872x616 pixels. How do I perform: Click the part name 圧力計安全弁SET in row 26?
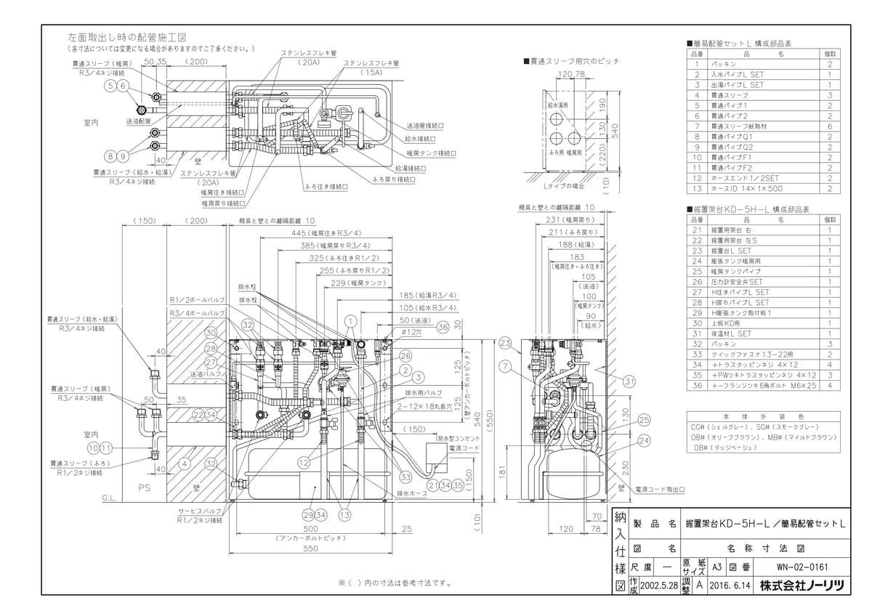pos(742,281)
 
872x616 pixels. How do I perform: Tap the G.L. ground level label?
pos(109,499)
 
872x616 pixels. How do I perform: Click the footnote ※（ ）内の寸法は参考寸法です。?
pos(395,583)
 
